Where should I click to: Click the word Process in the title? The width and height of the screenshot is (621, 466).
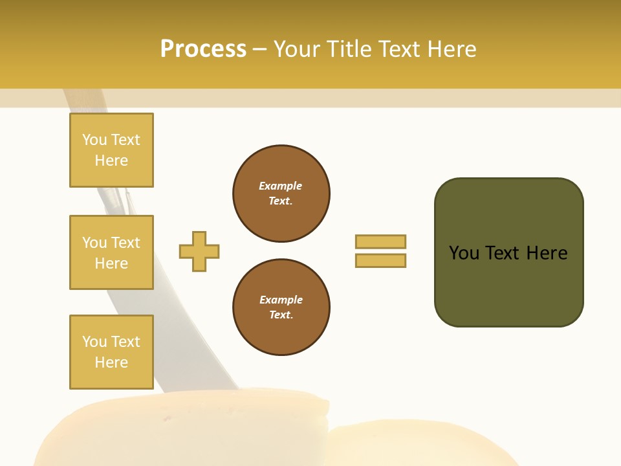pos(203,49)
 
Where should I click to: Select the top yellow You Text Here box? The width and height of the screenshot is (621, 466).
pos(111,150)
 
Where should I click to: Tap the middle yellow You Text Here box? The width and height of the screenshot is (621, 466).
pos(111,252)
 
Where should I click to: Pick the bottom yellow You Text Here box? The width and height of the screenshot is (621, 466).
pos(111,352)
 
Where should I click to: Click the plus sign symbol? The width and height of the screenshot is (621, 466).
pos(199,251)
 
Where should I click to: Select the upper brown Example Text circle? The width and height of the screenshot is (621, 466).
pos(281,194)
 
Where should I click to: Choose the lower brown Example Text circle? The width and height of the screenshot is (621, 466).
pos(281,307)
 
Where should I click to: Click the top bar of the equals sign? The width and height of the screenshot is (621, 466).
pos(380,241)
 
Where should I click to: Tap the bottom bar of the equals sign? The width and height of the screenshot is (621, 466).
pos(380,260)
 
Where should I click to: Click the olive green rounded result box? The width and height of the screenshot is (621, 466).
pos(508,252)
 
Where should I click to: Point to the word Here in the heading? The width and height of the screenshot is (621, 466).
pos(452,49)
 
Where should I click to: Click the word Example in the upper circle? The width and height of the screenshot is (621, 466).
pos(281,186)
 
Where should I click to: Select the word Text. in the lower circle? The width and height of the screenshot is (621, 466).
pos(281,315)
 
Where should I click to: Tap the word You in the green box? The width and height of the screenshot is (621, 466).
pos(464,253)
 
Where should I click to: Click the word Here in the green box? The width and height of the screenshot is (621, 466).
pos(547,253)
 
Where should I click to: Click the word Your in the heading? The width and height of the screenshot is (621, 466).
pos(298,49)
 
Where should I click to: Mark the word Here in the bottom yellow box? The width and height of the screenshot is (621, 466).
pos(111,362)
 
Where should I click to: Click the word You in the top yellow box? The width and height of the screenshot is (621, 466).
pos(94,140)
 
